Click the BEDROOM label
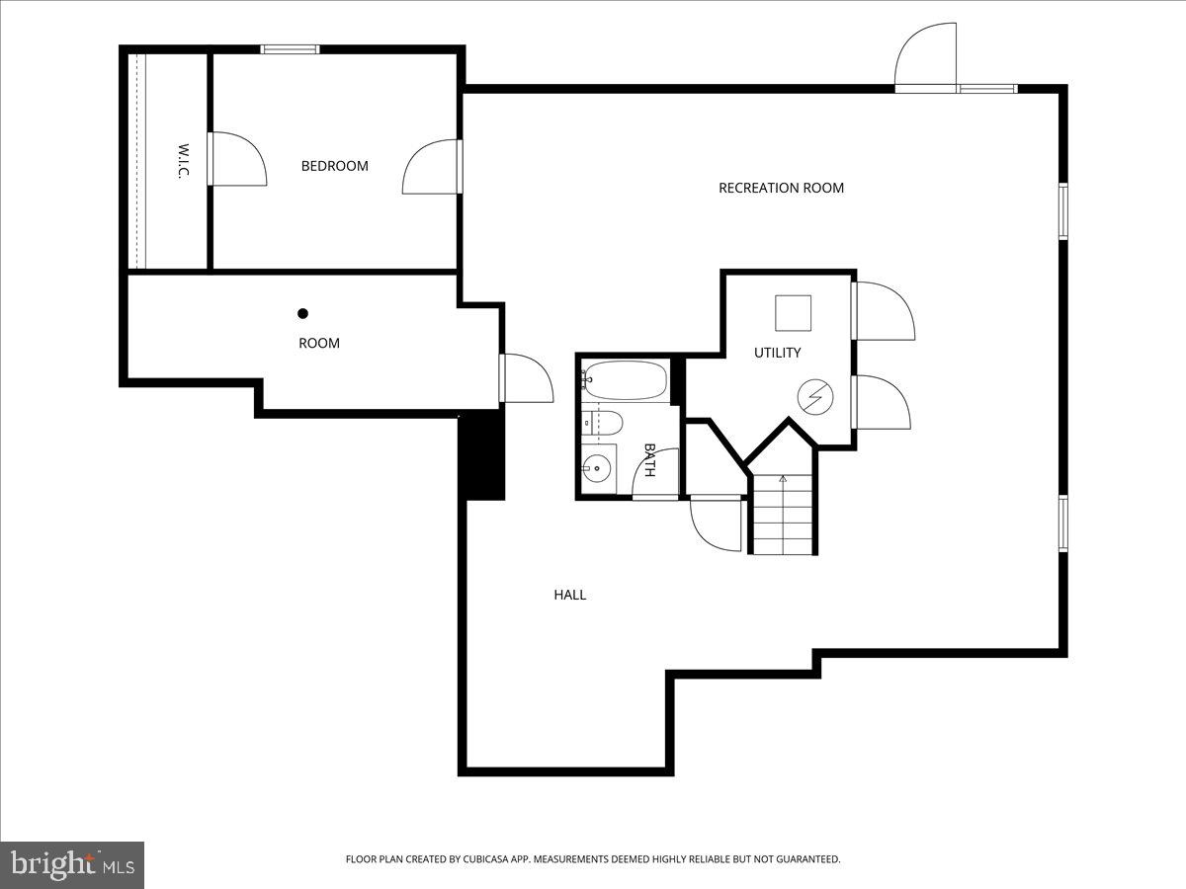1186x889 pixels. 334,166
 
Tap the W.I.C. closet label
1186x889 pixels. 183,161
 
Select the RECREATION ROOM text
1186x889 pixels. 781,188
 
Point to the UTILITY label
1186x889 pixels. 777,353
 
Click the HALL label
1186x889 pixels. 569,595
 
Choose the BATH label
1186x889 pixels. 649,459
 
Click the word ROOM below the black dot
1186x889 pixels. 318,343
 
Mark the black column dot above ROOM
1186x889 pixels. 303,314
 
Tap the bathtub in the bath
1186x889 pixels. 625,379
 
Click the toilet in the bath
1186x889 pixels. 603,423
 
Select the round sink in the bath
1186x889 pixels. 596,468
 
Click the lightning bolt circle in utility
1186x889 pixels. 815,397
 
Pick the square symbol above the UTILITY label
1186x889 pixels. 793,313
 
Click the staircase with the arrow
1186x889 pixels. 783,514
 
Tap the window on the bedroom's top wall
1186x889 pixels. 290,48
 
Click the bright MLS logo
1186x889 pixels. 72,864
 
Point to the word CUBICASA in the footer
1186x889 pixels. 495,859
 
